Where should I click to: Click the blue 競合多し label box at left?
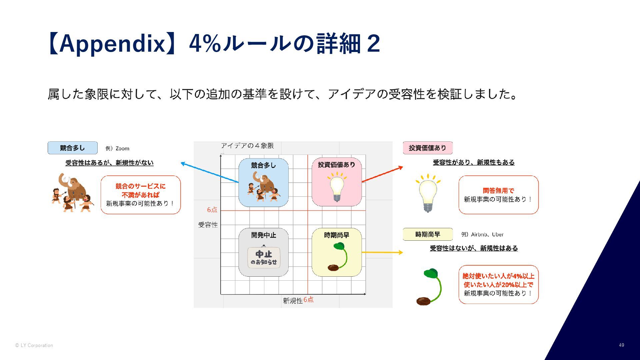(73, 148)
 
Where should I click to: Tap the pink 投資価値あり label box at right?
(428, 148)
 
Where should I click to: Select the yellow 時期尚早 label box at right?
(428, 234)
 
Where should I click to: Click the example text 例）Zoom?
(117, 148)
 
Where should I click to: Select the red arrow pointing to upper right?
(382, 174)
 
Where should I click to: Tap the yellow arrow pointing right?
(382, 252)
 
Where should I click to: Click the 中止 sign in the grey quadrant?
(264, 257)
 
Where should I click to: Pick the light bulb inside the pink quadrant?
(337, 187)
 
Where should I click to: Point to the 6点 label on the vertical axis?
(212, 210)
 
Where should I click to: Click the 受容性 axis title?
(208, 225)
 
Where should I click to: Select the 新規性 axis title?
(293, 301)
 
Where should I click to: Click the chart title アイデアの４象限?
(247, 146)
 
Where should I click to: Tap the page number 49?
(621, 345)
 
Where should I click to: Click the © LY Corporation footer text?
(34, 345)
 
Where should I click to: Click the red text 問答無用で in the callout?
(498, 191)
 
